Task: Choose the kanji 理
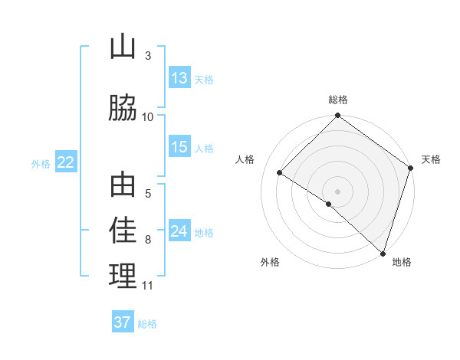[123, 277]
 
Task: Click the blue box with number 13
[179, 78]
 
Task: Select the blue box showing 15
[179, 147]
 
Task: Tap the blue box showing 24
[179, 231]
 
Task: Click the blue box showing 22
[66, 162]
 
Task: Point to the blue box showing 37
[123, 322]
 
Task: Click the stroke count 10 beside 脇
[148, 116]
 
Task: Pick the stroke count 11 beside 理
[148, 286]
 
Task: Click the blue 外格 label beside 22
[41, 163]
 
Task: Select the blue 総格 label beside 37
[147, 324]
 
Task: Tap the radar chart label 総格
[338, 100]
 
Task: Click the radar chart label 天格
[431, 159]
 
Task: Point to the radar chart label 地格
[402, 262]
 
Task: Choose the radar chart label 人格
[245, 159]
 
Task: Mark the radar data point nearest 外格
[329, 204]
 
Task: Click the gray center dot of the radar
[337, 191]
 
